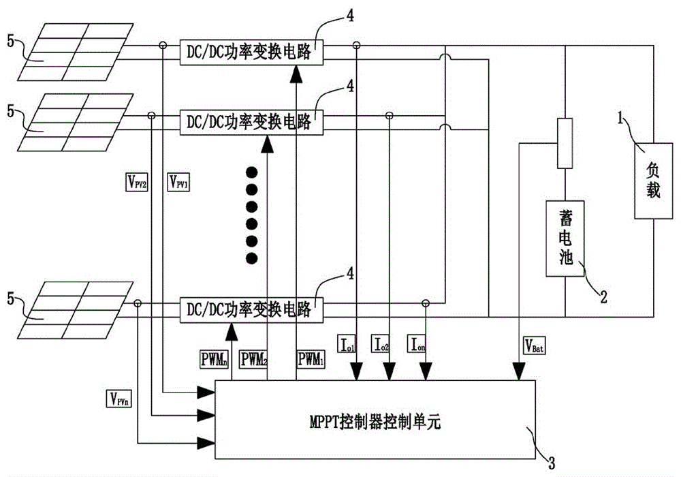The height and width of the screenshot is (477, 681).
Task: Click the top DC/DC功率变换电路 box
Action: pyautogui.click(x=249, y=52)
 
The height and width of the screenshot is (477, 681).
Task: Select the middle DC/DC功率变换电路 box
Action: pyautogui.click(x=249, y=122)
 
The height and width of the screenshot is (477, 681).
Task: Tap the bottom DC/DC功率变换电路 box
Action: pyautogui.click(x=249, y=309)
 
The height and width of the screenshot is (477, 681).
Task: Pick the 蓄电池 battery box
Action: pyautogui.click(x=566, y=238)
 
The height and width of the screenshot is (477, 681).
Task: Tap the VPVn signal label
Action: pyautogui.click(x=121, y=397)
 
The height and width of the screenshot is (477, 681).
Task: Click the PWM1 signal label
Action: pyautogui.click(x=311, y=357)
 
